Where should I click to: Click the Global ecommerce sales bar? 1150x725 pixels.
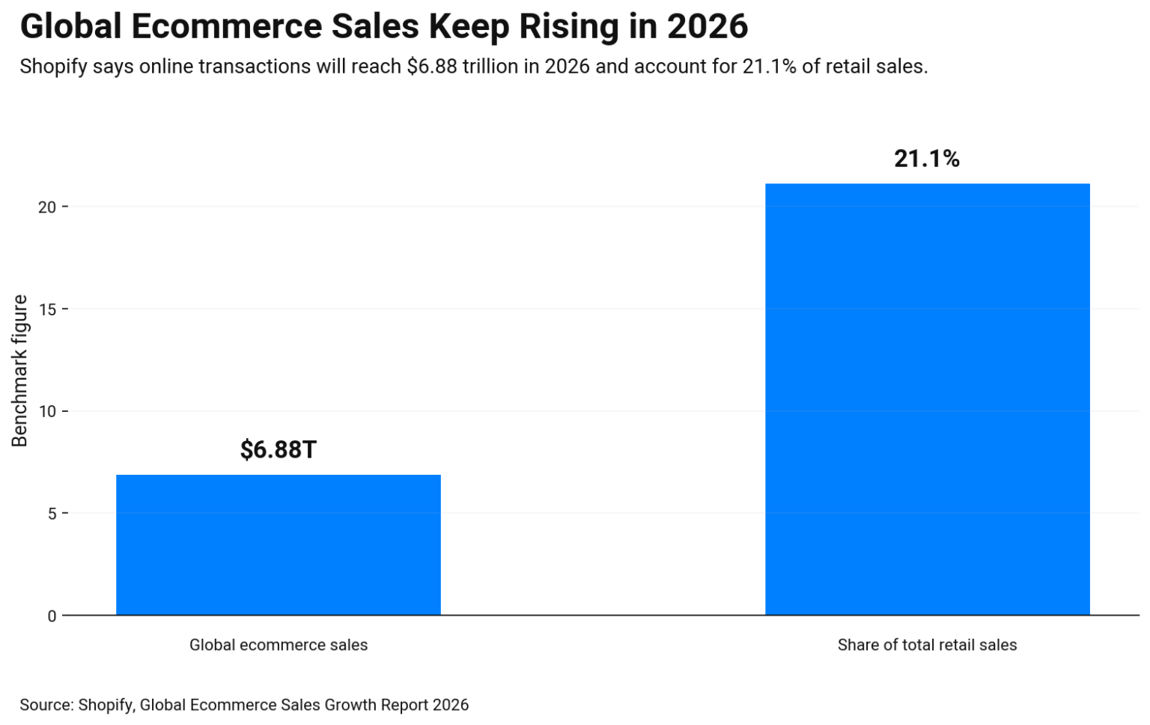point(278,544)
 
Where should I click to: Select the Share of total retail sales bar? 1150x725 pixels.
point(927,399)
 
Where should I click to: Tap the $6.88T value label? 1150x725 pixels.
point(278,449)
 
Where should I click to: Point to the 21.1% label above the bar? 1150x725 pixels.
point(927,159)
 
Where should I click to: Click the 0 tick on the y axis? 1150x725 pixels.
point(52,616)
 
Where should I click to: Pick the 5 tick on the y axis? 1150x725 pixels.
point(52,514)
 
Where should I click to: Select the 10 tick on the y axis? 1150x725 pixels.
point(47,411)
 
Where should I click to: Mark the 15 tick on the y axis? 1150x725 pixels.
point(47,309)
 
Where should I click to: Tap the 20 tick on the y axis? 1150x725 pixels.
point(47,207)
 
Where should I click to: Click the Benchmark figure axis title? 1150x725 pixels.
point(19,371)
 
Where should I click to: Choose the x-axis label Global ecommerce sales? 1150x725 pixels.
point(278,645)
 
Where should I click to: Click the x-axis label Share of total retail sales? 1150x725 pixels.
point(927,645)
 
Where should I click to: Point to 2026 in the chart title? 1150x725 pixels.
point(708,27)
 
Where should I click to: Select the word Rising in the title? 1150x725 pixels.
point(569,27)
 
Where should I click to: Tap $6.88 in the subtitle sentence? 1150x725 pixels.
point(432,67)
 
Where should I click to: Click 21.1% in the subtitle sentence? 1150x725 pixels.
point(769,67)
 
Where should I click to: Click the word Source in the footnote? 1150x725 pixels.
point(46,705)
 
